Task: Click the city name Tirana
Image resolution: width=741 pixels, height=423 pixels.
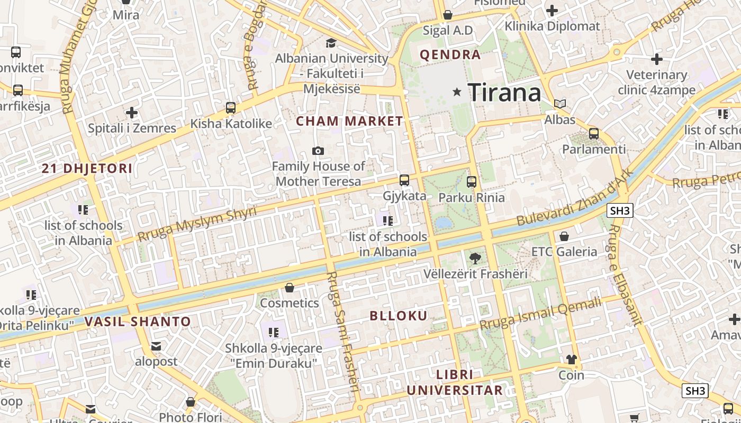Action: [504, 93]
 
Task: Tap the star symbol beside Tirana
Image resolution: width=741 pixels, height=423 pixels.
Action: [457, 92]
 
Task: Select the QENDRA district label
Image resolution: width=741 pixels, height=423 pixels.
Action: [450, 54]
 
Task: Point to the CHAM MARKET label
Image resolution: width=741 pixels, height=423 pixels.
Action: [349, 121]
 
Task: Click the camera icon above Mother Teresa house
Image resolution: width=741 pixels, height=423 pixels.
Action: [318, 151]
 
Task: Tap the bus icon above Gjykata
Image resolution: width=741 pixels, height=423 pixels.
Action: [404, 180]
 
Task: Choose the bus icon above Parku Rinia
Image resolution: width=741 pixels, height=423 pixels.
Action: [472, 182]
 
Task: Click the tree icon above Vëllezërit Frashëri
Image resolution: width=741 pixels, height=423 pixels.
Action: [475, 259]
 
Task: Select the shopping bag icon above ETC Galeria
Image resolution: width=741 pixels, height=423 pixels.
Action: [564, 236]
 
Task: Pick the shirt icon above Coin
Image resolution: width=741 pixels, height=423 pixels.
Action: [572, 360]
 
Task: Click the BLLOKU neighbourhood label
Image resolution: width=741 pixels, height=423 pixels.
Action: [398, 316]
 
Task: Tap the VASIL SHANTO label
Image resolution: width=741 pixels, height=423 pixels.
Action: [138, 321]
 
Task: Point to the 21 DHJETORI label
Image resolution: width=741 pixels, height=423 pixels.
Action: [87, 169]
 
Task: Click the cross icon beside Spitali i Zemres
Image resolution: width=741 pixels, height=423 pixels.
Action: [132, 113]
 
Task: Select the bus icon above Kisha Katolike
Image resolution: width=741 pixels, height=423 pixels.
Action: [231, 108]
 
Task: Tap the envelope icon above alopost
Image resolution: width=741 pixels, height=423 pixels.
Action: [156, 346]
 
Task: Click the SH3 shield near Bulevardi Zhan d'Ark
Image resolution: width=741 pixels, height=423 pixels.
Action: [620, 211]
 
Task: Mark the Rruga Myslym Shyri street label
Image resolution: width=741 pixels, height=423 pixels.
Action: [197, 224]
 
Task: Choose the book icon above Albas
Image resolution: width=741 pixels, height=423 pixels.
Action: [560, 104]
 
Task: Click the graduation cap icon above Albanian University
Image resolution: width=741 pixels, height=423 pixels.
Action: [331, 43]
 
